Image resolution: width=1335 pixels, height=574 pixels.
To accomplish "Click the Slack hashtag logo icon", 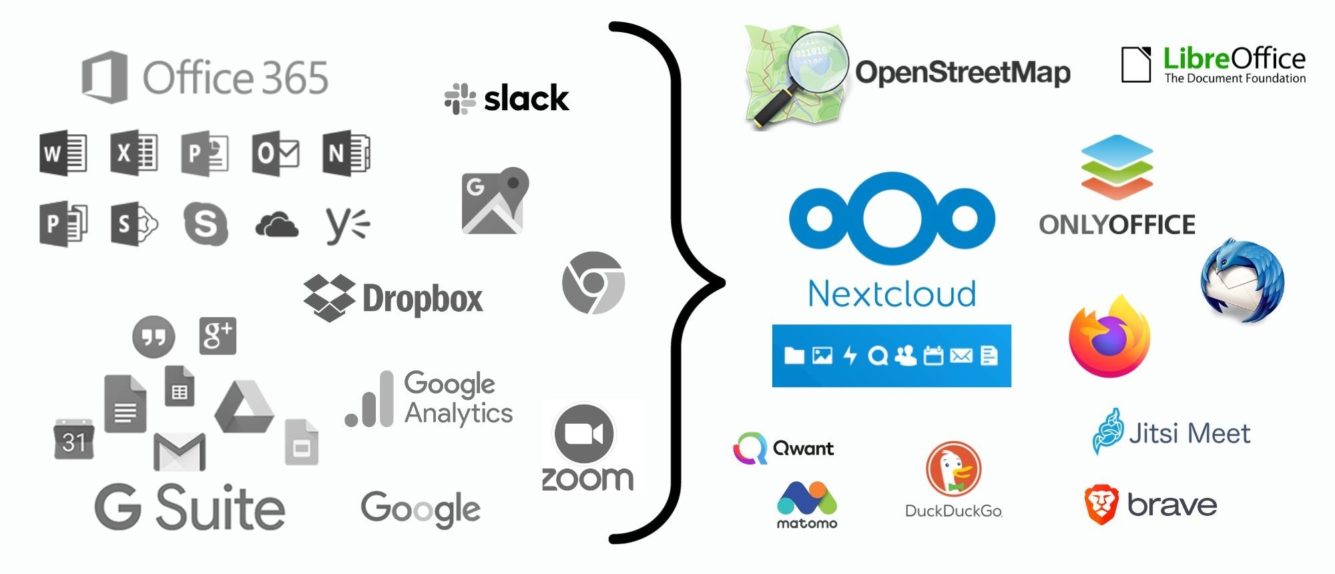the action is coord(460,99).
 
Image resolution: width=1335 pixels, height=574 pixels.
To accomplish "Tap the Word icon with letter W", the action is coord(63,153).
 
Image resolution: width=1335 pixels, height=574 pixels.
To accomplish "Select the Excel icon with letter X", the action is coord(133,153).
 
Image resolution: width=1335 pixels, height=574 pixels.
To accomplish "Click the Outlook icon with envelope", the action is coord(275,154).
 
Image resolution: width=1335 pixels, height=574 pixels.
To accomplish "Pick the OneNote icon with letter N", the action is coord(346,154).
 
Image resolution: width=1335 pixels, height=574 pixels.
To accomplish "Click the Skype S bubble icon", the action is coord(206,224).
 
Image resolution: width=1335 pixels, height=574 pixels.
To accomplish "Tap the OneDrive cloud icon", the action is coord(276,225).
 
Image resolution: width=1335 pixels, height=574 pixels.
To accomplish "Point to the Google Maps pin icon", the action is coord(495,200).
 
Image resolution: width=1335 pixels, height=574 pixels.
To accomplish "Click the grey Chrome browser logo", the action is coord(593,282).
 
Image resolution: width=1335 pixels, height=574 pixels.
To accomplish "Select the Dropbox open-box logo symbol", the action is coord(328,298).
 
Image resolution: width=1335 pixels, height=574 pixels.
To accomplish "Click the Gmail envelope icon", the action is coord(179,451).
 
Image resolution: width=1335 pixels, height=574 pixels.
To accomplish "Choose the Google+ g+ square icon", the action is coord(218,335).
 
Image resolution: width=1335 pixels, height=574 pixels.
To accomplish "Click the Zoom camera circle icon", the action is coord(584,434).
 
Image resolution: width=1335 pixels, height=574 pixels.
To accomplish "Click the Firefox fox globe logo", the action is coord(1109,336).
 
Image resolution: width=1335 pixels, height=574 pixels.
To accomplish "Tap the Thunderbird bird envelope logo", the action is coord(1242,280).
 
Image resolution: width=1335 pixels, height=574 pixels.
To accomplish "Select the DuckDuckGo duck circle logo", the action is coord(953,469).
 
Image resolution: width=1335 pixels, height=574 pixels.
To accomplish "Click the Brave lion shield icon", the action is coord(1101,505).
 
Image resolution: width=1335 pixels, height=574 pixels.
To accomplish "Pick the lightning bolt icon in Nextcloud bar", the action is coord(850,355).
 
